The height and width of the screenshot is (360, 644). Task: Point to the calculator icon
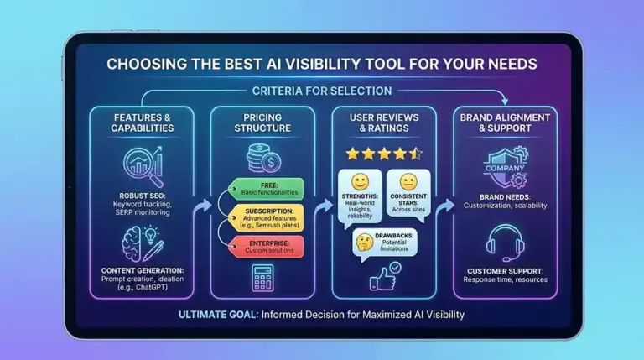pyautogui.click(x=262, y=278)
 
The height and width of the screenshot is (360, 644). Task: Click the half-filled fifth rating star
pyautogui.click(x=416, y=154)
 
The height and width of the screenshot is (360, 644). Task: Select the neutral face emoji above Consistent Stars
pyautogui.click(x=408, y=181)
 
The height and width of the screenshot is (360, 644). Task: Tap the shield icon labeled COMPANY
pyautogui.click(x=505, y=167)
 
